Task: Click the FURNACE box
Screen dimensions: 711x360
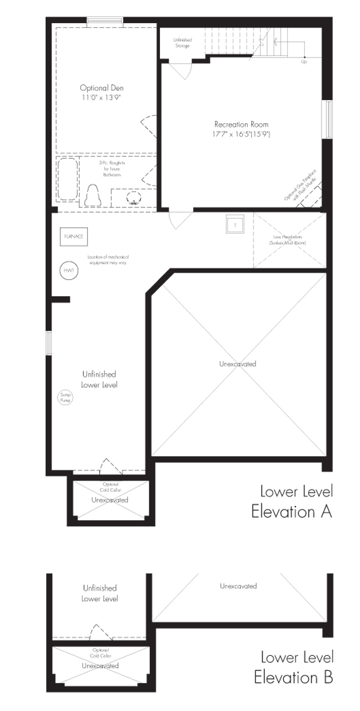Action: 74,236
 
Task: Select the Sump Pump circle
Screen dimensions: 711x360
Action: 64,398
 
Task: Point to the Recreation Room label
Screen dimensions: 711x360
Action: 241,124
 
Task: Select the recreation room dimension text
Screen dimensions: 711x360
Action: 242,134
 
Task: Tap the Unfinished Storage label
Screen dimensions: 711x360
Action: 182,43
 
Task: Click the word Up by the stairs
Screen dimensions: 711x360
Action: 304,62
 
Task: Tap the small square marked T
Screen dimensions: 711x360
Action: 234,225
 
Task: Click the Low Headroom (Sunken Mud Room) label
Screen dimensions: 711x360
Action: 285,241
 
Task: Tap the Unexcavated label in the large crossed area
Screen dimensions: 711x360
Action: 237,364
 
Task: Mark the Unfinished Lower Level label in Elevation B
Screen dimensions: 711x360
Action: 99,593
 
